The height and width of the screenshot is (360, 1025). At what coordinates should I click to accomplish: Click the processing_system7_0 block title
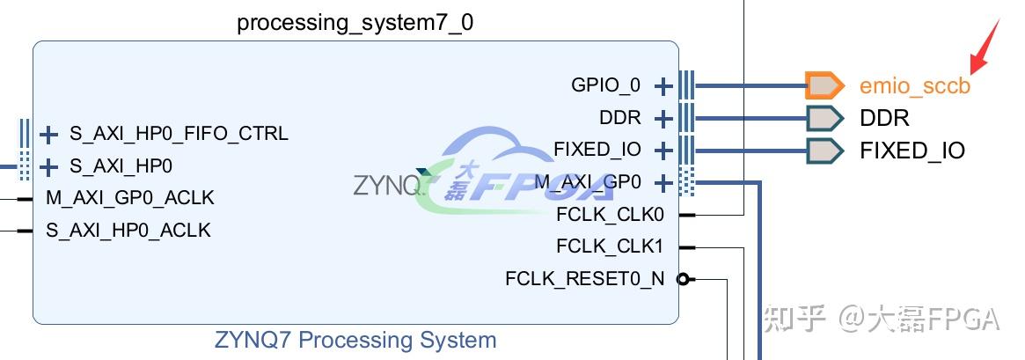point(355,23)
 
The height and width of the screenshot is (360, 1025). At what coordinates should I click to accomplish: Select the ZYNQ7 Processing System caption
point(355,340)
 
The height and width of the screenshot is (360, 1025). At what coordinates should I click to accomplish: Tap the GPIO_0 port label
point(605,85)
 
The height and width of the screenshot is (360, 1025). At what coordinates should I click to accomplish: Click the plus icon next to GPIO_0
point(663,86)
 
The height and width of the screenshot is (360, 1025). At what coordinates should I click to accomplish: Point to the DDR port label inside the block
point(620,118)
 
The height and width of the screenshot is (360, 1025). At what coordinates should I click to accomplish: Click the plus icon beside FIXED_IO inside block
point(663,151)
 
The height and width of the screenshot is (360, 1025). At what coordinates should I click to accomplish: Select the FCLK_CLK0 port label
point(611,214)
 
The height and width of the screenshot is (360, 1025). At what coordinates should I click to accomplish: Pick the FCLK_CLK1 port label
point(611,246)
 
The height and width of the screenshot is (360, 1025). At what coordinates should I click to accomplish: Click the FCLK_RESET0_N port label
point(585,279)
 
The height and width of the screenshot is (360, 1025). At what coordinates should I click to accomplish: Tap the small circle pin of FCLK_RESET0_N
point(683,280)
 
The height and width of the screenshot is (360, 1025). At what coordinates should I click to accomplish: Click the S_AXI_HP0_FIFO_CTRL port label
point(179,134)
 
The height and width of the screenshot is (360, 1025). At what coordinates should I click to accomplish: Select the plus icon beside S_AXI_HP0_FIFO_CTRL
point(48,135)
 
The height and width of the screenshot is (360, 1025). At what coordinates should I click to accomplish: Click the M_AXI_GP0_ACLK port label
point(129,197)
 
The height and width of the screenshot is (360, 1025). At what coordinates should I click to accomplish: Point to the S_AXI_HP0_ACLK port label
point(128,231)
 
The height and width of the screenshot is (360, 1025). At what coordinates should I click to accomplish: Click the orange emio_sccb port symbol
point(824,85)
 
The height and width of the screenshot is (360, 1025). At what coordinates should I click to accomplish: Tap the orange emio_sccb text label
point(915,86)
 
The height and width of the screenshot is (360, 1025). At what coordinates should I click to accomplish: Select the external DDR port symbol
point(824,118)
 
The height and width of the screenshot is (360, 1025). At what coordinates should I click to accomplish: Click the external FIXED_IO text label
point(912,151)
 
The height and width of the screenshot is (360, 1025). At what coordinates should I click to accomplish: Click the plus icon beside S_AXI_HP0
point(48,166)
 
